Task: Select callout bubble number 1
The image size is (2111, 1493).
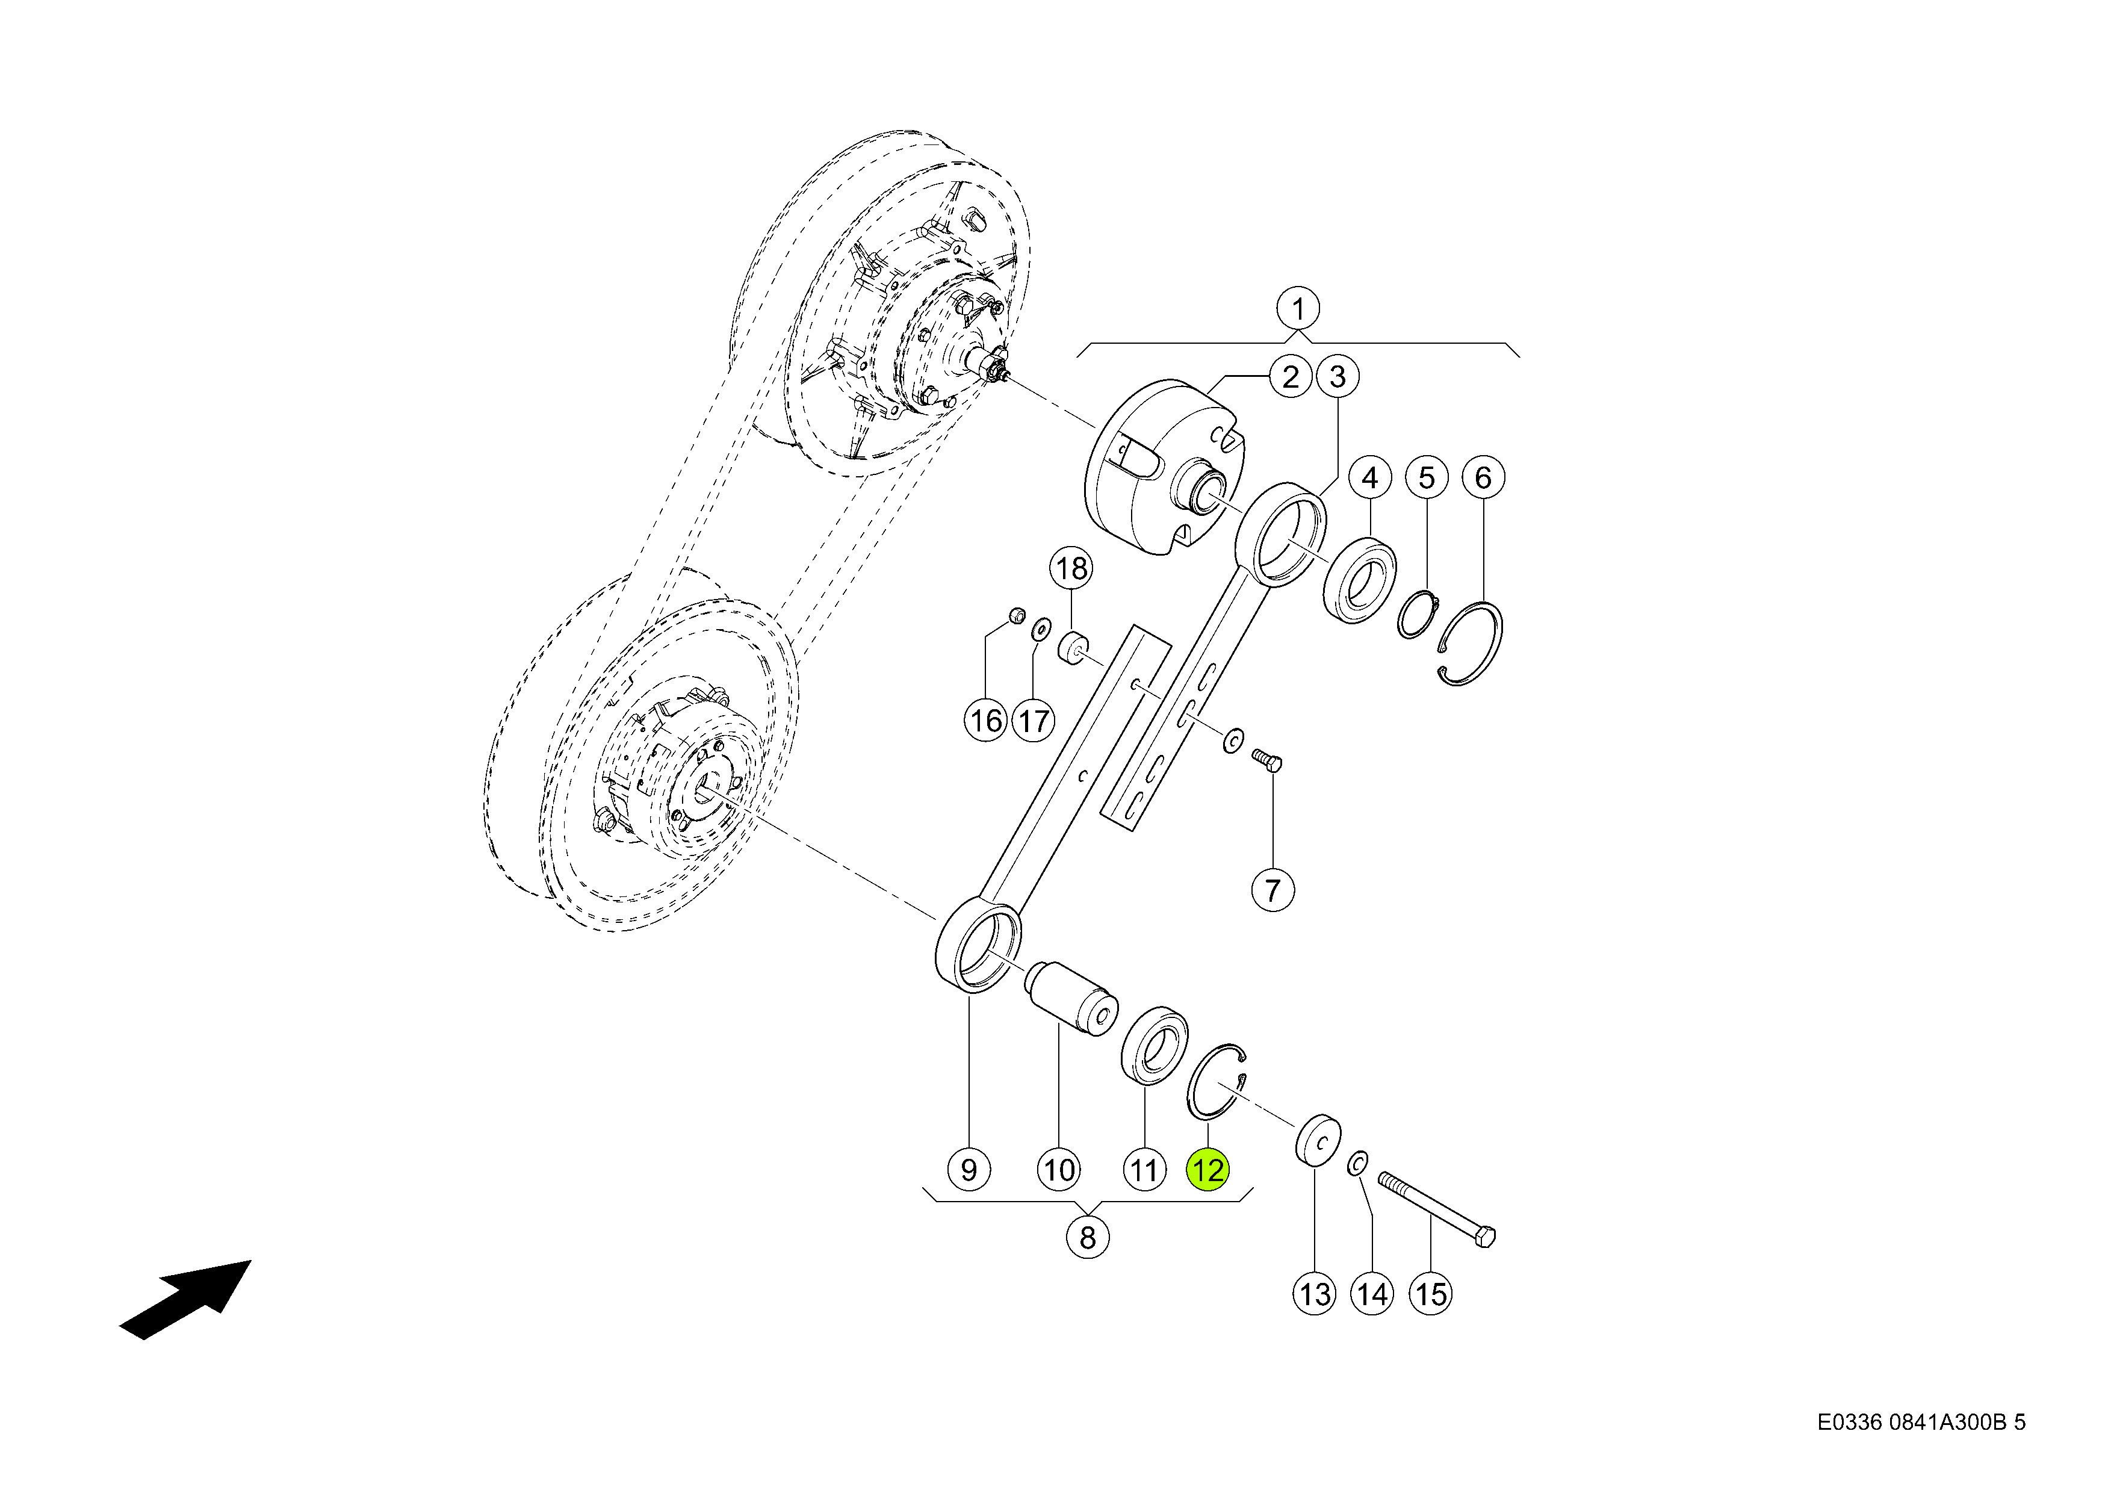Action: (x=1297, y=309)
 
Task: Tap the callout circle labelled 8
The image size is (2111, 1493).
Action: (x=1088, y=1237)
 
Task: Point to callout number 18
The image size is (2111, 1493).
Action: (x=1071, y=569)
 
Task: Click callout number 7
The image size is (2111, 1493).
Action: (x=1272, y=890)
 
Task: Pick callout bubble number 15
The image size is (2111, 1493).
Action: (x=1430, y=1294)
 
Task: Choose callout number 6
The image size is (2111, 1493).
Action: (x=1483, y=478)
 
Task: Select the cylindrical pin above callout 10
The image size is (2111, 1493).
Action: (x=1070, y=998)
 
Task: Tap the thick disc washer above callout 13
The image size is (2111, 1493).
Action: (x=1318, y=1141)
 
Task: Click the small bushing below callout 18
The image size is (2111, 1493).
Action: (x=1072, y=647)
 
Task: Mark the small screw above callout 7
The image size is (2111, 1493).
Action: (x=1266, y=759)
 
